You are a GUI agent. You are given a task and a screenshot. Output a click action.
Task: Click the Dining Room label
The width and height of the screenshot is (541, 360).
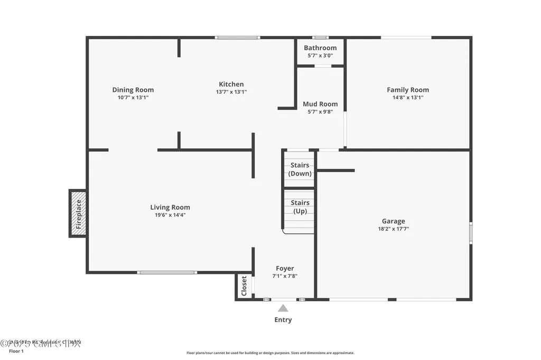pyautogui.click(x=133, y=90)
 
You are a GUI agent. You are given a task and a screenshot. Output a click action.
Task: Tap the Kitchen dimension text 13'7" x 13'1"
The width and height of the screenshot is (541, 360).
pyautogui.click(x=231, y=92)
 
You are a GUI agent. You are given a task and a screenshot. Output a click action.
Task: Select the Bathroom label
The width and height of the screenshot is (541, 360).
pyautogui.click(x=320, y=48)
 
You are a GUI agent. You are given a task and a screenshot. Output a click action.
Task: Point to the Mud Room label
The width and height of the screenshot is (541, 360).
pyautogui.click(x=320, y=104)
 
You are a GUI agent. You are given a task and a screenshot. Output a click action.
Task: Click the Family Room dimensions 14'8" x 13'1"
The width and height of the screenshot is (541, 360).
pyautogui.click(x=407, y=98)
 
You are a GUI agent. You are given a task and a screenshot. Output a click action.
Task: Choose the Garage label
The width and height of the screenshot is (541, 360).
pyautogui.click(x=394, y=221)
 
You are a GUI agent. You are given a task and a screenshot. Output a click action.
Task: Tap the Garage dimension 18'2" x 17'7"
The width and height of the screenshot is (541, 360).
pyautogui.click(x=394, y=229)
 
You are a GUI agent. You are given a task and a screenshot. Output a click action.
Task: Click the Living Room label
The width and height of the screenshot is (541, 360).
pyautogui.click(x=170, y=207)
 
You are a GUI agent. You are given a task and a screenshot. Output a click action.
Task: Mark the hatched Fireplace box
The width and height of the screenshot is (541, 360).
pyautogui.click(x=78, y=213)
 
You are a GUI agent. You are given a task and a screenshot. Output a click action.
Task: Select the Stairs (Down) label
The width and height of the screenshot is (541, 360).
pyautogui.click(x=300, y=169)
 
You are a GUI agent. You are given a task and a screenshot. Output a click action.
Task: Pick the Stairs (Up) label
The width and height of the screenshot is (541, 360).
pyautogui.click(x=300, y=207)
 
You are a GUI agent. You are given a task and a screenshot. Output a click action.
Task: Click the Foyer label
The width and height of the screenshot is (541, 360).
pyautogui.click(x=285, y=268)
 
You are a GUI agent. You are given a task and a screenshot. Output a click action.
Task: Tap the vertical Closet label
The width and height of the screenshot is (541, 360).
pyautogui.click(x=244, y=286)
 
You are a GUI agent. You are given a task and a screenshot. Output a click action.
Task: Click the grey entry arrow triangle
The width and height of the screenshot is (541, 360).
pyautogui.click(x=283, y=308)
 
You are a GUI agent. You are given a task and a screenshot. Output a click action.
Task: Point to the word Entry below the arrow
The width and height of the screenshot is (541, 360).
pyautogui.click(x=283, y=320)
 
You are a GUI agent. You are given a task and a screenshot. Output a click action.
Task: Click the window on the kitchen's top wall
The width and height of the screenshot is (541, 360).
pyautogui.click(x=237, y=37)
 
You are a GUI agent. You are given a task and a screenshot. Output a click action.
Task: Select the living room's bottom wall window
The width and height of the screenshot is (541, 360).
pyautogui.click(x=167, y=272)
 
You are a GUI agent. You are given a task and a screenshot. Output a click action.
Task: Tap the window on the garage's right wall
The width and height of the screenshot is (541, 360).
pyautogui.click(x=471, y=233)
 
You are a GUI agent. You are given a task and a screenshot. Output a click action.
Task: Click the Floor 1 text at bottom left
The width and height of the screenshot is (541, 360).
pyautogui.click(x=16, y=351)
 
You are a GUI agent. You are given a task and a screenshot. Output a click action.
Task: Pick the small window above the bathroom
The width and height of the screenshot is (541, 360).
pyautogui.click(x=320, y=37)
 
